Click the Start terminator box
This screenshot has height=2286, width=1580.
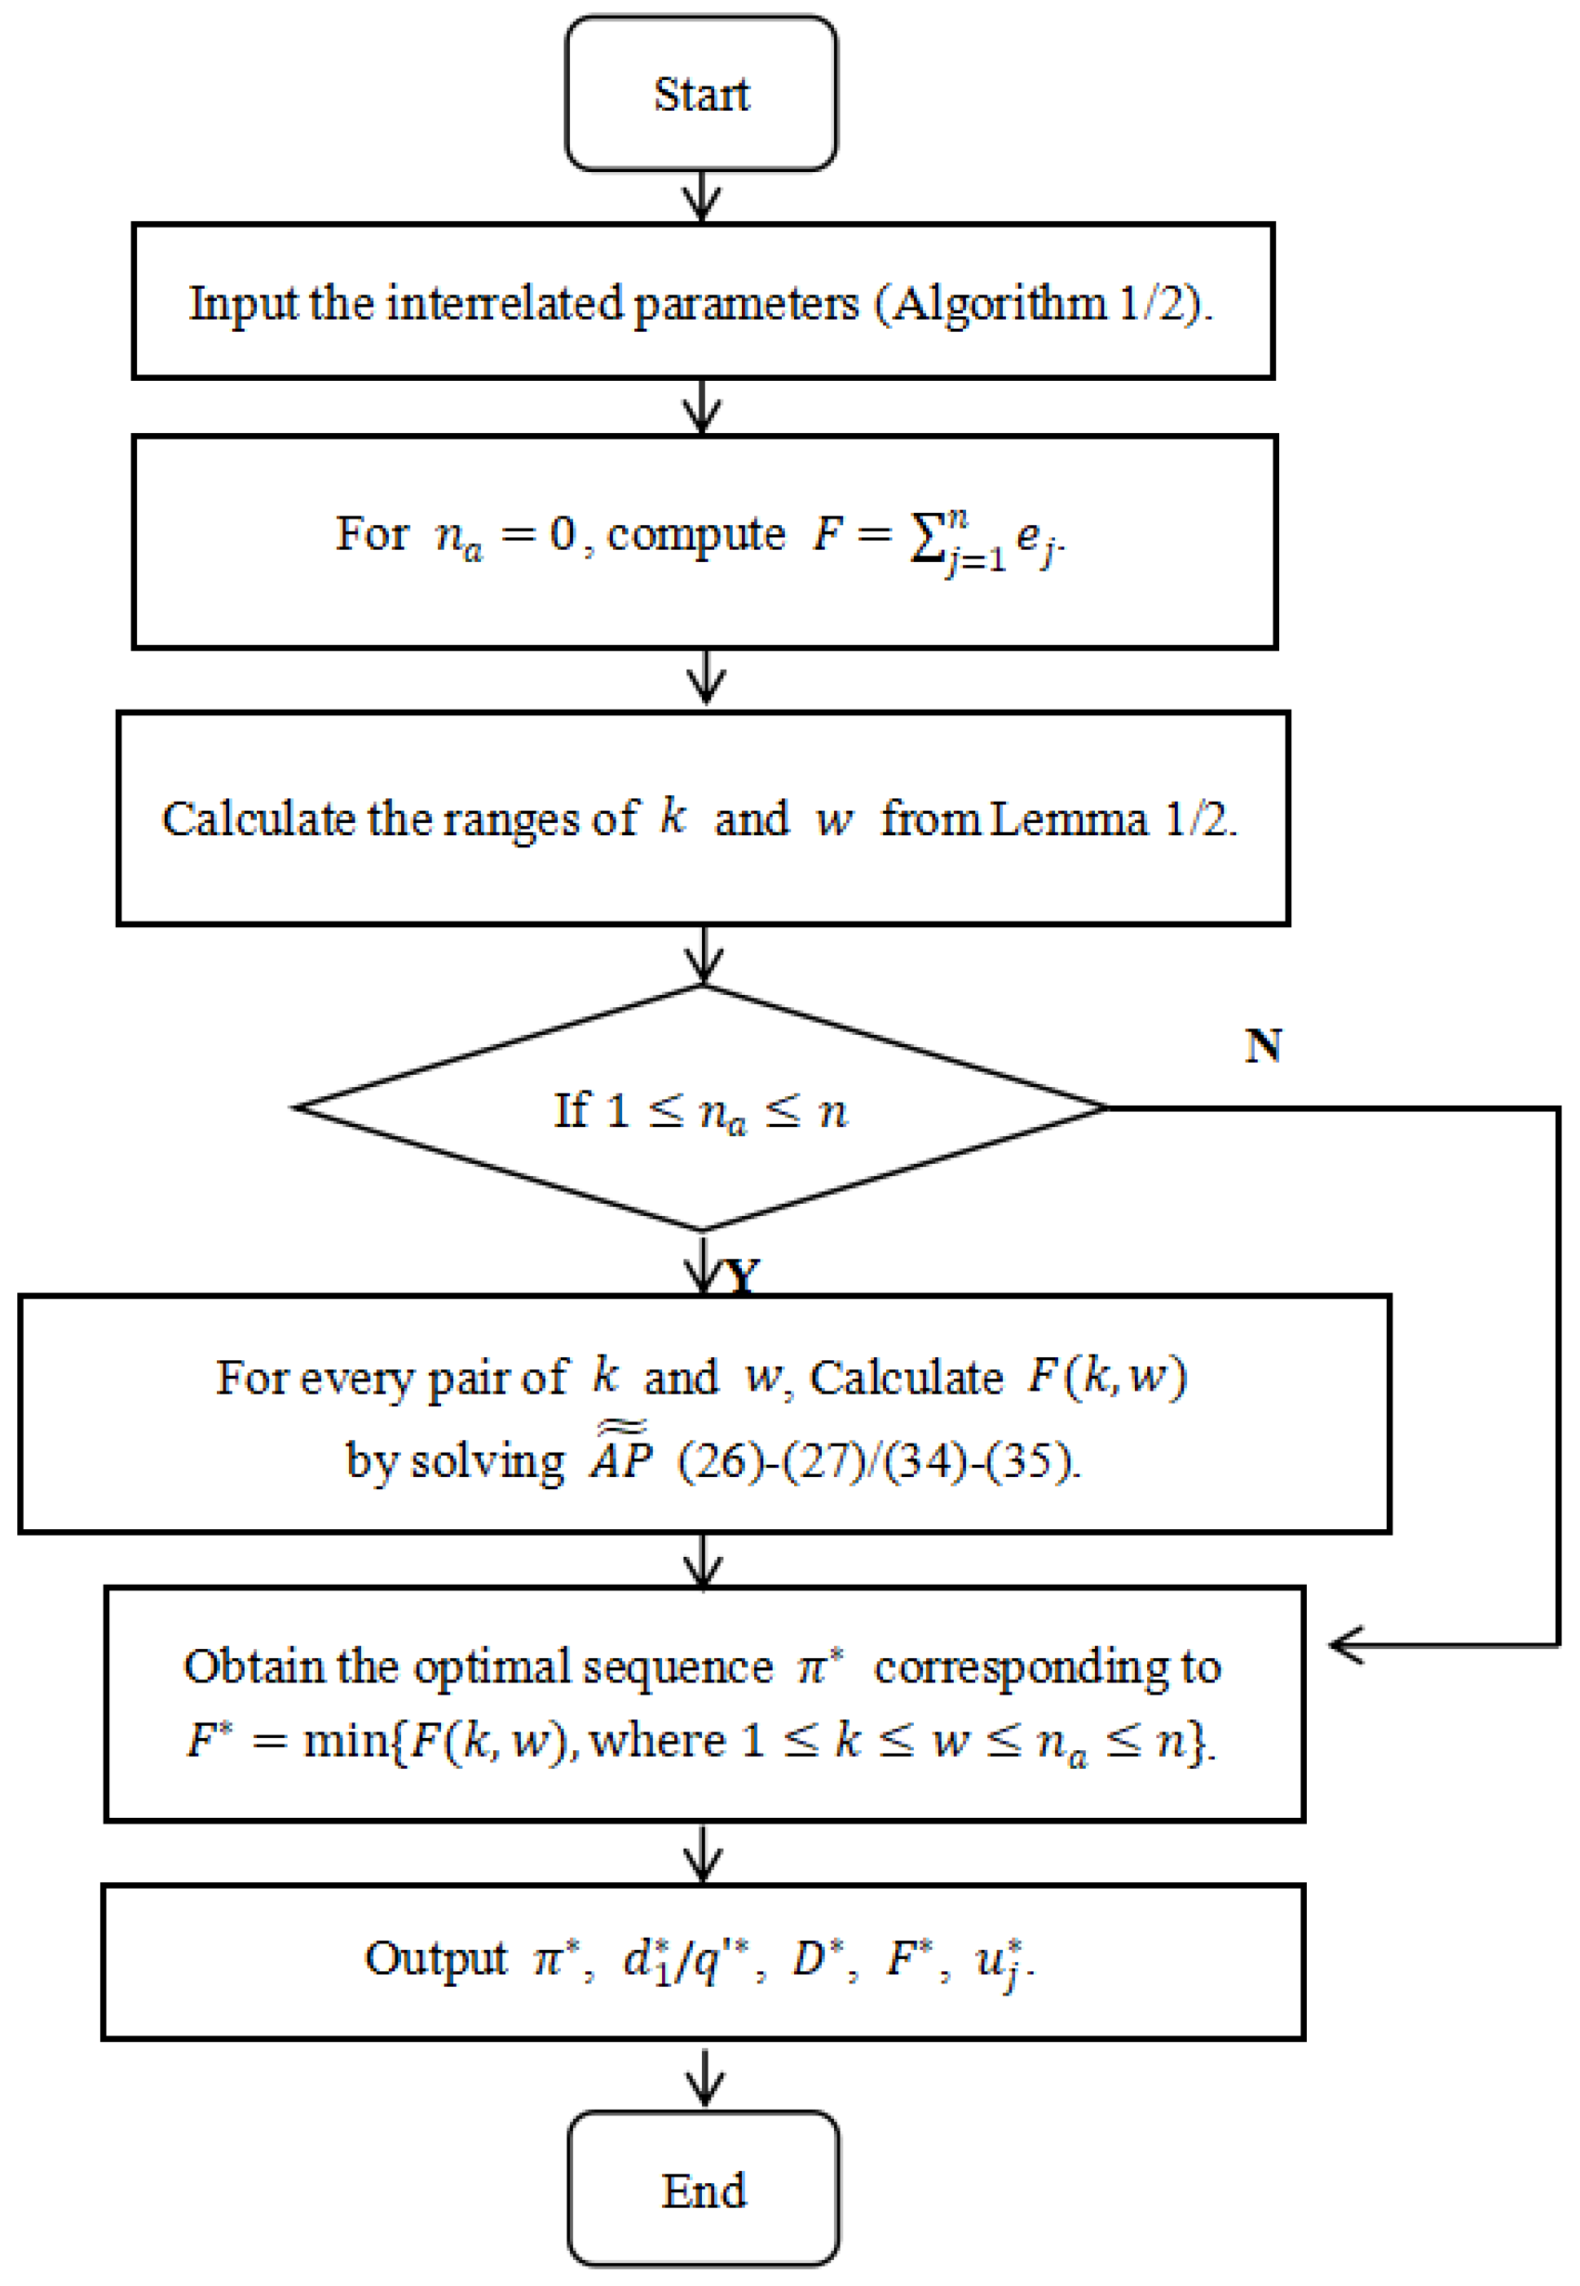[x=701, y=94]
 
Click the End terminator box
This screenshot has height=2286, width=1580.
[x=703, y=2190]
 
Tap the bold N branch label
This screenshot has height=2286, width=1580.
[x=1263, y=1046]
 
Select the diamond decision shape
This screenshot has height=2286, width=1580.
[x=701, y=1109]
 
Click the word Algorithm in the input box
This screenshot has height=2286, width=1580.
[x=999, y=304]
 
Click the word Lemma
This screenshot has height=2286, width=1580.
[x=1069, y=820]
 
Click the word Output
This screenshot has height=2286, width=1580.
[x=435, y=1958]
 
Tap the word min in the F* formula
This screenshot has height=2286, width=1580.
[x=346, y=1740]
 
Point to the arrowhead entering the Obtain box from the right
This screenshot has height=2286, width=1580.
[x=1346, y=1646]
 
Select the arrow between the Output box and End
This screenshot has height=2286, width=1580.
[x=703, y=2076]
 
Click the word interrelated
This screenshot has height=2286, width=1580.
[x=504, y=304]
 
